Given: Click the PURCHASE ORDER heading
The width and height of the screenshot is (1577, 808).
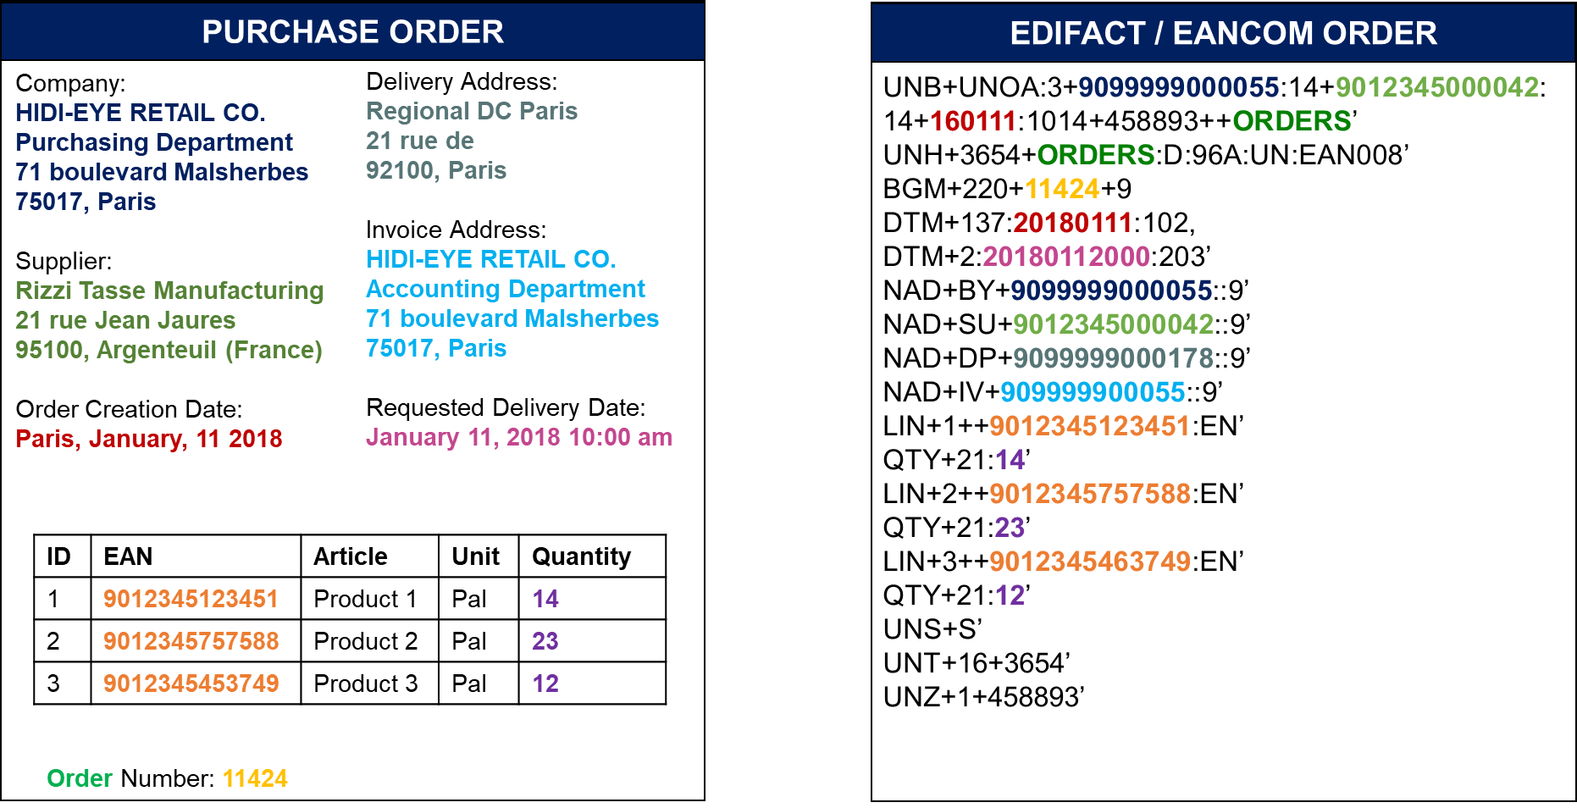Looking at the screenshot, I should point(352,32).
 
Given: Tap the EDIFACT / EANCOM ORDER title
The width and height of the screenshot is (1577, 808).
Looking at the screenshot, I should point(1223,34).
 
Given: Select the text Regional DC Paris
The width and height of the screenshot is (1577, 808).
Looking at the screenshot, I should point(471,111).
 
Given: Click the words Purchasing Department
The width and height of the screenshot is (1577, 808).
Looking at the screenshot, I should point(153,142).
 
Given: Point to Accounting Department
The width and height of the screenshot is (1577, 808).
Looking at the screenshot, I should point(505,289).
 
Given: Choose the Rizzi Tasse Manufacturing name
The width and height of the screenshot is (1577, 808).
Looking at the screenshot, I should point(169,291).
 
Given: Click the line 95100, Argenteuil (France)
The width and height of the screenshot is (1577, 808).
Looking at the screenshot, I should point(169,350).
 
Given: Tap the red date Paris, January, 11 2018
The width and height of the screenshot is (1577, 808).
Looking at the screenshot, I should point(148,439).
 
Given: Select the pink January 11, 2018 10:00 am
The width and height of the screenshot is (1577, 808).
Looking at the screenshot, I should point(518,437).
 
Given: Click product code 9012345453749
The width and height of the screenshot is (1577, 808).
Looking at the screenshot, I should point(191,683).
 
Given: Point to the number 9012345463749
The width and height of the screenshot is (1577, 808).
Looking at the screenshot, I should point(1089,562).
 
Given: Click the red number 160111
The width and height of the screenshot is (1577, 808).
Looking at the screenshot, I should point(972,121).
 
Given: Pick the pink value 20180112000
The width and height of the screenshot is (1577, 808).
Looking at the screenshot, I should point(1065,257).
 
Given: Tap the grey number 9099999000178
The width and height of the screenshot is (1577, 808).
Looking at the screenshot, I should point(1113,358).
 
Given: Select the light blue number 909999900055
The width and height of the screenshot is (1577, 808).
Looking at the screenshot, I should point(1093,392).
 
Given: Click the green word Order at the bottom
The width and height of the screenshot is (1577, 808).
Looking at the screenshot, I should point(80,778).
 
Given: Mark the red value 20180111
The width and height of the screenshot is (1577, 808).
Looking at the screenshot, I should point(1072,223).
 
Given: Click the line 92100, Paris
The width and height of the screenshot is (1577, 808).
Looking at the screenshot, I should point(435,170).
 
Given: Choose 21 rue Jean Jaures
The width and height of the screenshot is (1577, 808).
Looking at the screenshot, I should point(125,320).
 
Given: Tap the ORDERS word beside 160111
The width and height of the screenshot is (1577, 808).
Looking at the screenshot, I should point(1292,121).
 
